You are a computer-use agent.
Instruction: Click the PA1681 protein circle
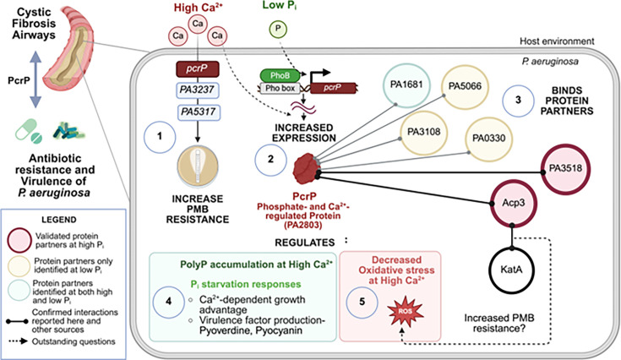point(406,85)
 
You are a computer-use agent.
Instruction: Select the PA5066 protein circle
point(465,87)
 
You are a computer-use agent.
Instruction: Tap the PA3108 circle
point(424,132)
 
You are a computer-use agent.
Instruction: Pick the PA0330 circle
point(488,139)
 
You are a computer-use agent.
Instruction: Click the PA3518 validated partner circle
point(565,168)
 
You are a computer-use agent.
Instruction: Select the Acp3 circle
point(514,203)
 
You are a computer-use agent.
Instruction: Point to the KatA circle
point(511,270)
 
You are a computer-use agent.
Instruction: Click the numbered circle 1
point(160,137)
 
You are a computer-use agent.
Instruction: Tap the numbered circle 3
point(518,101)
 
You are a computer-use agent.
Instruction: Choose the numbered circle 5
point(362,303)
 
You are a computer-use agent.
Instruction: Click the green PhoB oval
point(280,75)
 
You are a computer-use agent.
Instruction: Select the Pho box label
point(280,89)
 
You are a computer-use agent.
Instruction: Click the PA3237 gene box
point(197,90)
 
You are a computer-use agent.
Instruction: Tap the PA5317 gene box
point(197,112)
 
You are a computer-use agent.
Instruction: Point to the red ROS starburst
point(405,311)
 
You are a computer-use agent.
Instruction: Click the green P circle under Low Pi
point(278,29)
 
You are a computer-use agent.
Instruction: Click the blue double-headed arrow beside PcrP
point(35,79)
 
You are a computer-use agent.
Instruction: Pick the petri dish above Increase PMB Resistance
point(198,166)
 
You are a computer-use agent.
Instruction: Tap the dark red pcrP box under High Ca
point(197,68)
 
